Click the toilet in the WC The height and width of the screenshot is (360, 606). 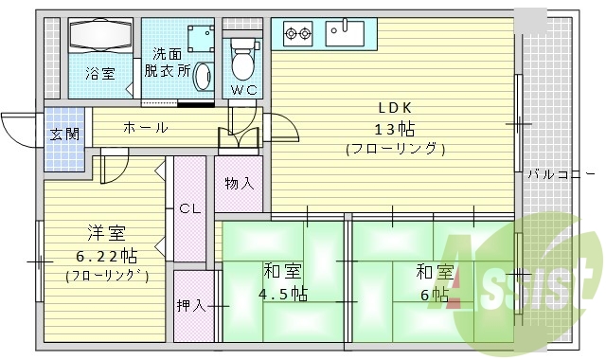(x=242, y=59)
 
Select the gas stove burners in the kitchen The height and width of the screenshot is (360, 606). (x=299, y=35)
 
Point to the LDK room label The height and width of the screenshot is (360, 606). (x=395, y=107)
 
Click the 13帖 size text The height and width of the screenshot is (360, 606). (x=395, y=128)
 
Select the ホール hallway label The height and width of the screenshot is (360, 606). (x=144, y=127)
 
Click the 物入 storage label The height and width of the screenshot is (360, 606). (x=239, y=183)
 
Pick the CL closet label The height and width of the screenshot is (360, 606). (x=188, y=207)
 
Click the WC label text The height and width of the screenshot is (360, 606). (x=242, y=90)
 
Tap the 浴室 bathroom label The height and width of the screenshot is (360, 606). (x=99, y=73)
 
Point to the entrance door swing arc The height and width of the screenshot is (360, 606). (x=19, y=123)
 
